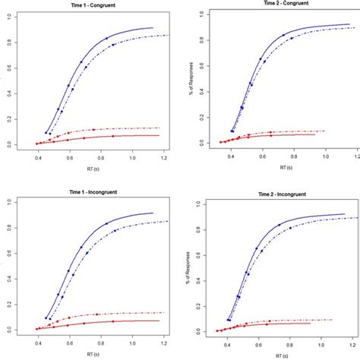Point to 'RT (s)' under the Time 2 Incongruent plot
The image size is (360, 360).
pos(269,355)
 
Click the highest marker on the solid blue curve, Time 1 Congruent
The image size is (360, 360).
pos(106,38)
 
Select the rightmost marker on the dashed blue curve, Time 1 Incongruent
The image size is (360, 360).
pos(115,230)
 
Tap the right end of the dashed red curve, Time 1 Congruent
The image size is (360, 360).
pos(160,128)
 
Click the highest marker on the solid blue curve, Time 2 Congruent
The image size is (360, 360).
pos(283,35)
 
